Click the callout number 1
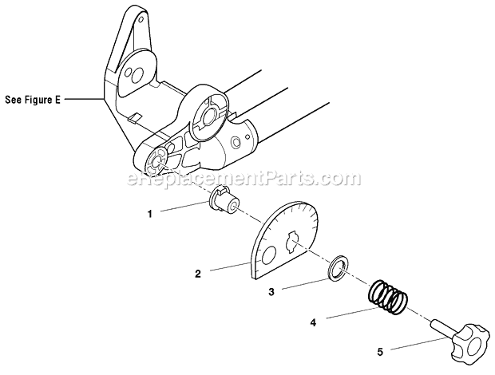pyautogui.click(x=148, y=213)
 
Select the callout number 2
pyautogui.click(x=198, y=273)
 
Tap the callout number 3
pyautogui.click(x=271, y=292)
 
